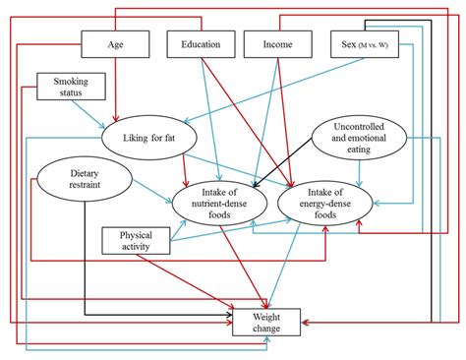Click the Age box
tap(115, 44)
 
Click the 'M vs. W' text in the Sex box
tap(378, 45)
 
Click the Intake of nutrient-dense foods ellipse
tap(215, 200)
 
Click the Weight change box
tap(264, 321)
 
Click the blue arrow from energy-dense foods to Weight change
tap(294, 261)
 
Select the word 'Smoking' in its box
tap(70, 83)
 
